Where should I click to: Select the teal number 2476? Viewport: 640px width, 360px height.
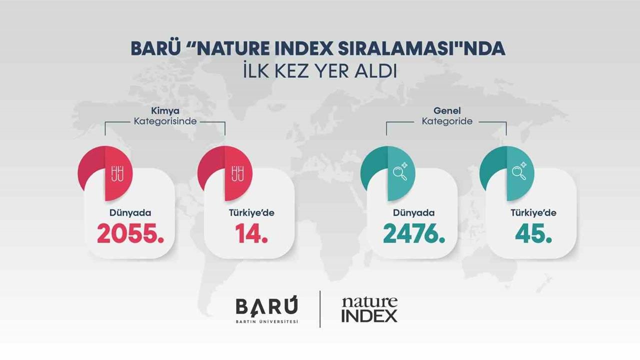click(x=414, y=233)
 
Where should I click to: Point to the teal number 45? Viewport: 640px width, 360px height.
click(x=534, y=233)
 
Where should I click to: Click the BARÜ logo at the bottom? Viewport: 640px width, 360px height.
click(x=266, y=306)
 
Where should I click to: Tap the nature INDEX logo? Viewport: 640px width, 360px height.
click(x=369, y=309)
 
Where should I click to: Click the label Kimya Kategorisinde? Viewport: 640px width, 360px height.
click(x=165, y=116)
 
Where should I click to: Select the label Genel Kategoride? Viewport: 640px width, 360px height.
click(x=446, y=116)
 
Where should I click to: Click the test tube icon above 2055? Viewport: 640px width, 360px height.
click(x=118, y=173)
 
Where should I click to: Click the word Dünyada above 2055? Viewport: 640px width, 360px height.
click(x=130, y=213)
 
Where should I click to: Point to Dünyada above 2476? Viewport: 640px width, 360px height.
click(x=413, y=213)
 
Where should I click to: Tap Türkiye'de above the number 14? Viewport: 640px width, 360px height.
click(x=251, y=213)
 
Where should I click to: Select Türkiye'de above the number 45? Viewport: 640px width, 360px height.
click(x=533, y=213)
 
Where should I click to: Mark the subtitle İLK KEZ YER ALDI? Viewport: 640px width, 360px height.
click(x=319, y=71)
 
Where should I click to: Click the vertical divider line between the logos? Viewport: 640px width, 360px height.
click(x=320, y=309)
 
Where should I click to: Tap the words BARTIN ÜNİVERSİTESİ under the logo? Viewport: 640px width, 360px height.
click(x=267, y=321)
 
